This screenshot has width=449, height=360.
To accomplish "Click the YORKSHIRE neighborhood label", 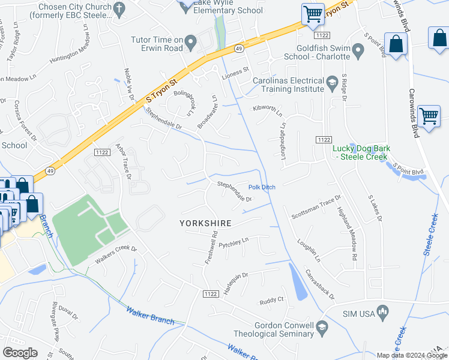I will point(205,223).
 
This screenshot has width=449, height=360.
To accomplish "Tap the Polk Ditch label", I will point(262,187).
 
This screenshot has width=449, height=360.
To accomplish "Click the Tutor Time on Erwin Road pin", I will point(191,41).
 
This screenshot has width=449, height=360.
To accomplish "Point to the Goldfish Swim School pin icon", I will point(359,51).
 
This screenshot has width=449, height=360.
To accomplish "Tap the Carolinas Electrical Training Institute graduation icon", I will point(332,83).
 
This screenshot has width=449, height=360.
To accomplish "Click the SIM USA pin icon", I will point(384,312).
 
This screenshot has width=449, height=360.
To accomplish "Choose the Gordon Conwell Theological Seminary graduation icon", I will point(322,326).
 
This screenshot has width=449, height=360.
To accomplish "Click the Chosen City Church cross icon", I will point(119,8).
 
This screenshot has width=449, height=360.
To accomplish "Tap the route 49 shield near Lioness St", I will point(238,48).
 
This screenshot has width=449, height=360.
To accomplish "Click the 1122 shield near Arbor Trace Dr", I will point(101,154).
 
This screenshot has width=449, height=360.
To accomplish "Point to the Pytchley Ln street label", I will point(234,243).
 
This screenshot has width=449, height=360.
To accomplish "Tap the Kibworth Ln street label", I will point(268,110).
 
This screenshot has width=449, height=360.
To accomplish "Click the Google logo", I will point(20,353).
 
